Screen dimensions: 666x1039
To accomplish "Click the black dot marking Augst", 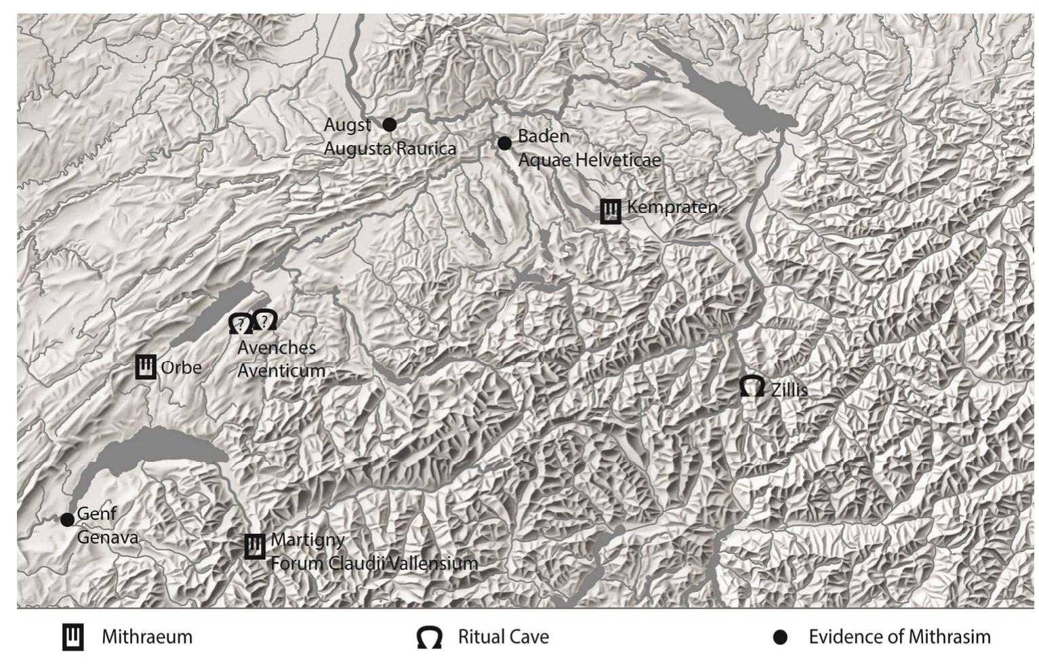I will pyautogui.click(x=389, y=125).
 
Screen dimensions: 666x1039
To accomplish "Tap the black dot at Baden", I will pyautogui.click(x=504, y=143).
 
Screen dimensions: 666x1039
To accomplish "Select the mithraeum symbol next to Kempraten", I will pyautogui.click(x=611, y=211).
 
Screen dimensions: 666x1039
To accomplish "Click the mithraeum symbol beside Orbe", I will pyautogui.click(x=146, y=367).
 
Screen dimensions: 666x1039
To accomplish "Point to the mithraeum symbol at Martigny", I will pyautogui.click(x=254, y=546).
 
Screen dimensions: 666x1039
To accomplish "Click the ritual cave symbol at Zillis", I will pyautogui.click(x=752, y=386).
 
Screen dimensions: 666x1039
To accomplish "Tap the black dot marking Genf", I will pyautogui.click(x=67, y=520).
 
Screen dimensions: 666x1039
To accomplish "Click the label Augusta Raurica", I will pyautogui.click(x=390, y=149).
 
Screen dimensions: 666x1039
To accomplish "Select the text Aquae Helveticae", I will pyautogui.click(x=589, y=161).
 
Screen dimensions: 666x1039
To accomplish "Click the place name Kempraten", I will pyautogui.click(x=672, y=207).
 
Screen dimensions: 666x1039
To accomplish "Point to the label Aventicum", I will pyautogui.click(x=281, y=371).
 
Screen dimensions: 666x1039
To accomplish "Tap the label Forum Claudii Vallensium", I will pyautogui.click(x=374, y=564).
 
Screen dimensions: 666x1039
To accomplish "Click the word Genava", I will pyautogui.click(x=107, y=538).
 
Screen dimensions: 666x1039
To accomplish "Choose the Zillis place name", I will pyautogui.click(x=789, y=390).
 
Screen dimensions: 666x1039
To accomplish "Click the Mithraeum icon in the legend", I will pyautogui.click(x=73, y=637).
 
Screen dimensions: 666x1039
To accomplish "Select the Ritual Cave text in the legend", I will pyautogui.click(x=503, y=637).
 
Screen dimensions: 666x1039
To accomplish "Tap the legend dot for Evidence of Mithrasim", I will pyautogui.click(x=780, y=638).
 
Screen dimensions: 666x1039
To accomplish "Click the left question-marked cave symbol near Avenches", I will pyautogui.click(x=239, y=324).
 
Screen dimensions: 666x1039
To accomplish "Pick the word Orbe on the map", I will pyautogui.click(x=181, y=368).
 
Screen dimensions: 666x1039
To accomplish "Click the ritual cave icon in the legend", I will pyautogui.click(x=429, y=638).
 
